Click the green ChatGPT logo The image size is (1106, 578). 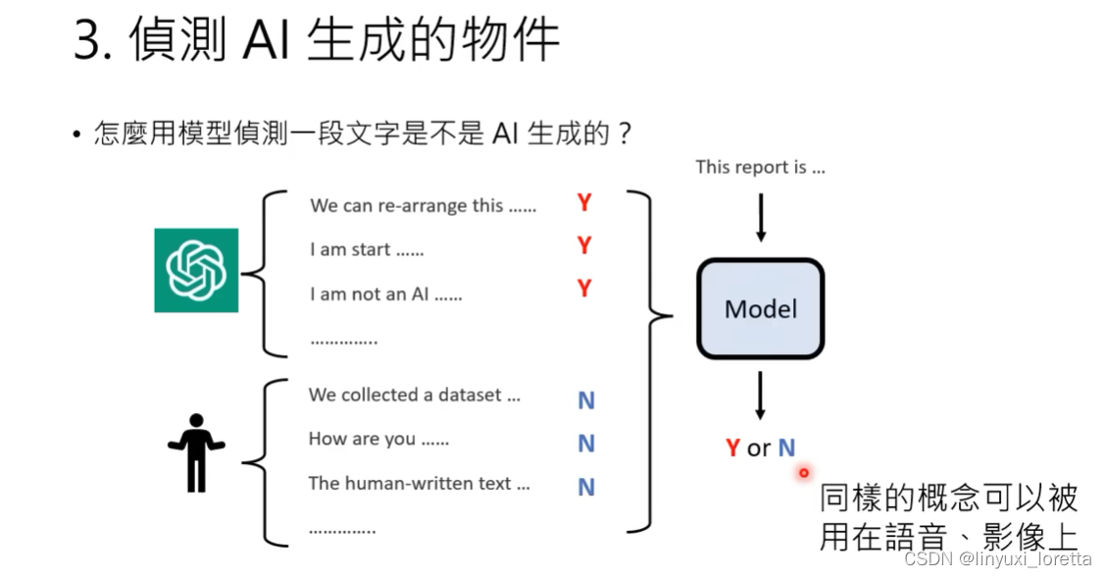pos(196,270)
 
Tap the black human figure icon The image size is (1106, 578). pos(196,452)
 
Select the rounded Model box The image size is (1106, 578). pos(761,309)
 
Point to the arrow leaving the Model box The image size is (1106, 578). pos(761,395)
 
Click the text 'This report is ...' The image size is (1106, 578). pos(761,167)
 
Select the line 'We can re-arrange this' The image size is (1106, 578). pos(424,206)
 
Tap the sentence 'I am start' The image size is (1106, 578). pos(367,249)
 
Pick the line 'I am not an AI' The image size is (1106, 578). pos(385,293)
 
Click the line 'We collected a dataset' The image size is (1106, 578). pos(415,394)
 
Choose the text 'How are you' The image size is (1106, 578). pos(378,439)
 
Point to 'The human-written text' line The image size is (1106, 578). pos(419,483)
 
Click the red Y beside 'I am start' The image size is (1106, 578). pos(584,245)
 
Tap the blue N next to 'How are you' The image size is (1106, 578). pos(586,444)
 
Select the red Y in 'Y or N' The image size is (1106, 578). pos(732,448)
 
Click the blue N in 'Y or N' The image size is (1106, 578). pos(786,448)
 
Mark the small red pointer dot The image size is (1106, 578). pos(804,473)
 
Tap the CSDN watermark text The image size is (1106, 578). pos(997,559)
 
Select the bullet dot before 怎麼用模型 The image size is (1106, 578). pos(76,134)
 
